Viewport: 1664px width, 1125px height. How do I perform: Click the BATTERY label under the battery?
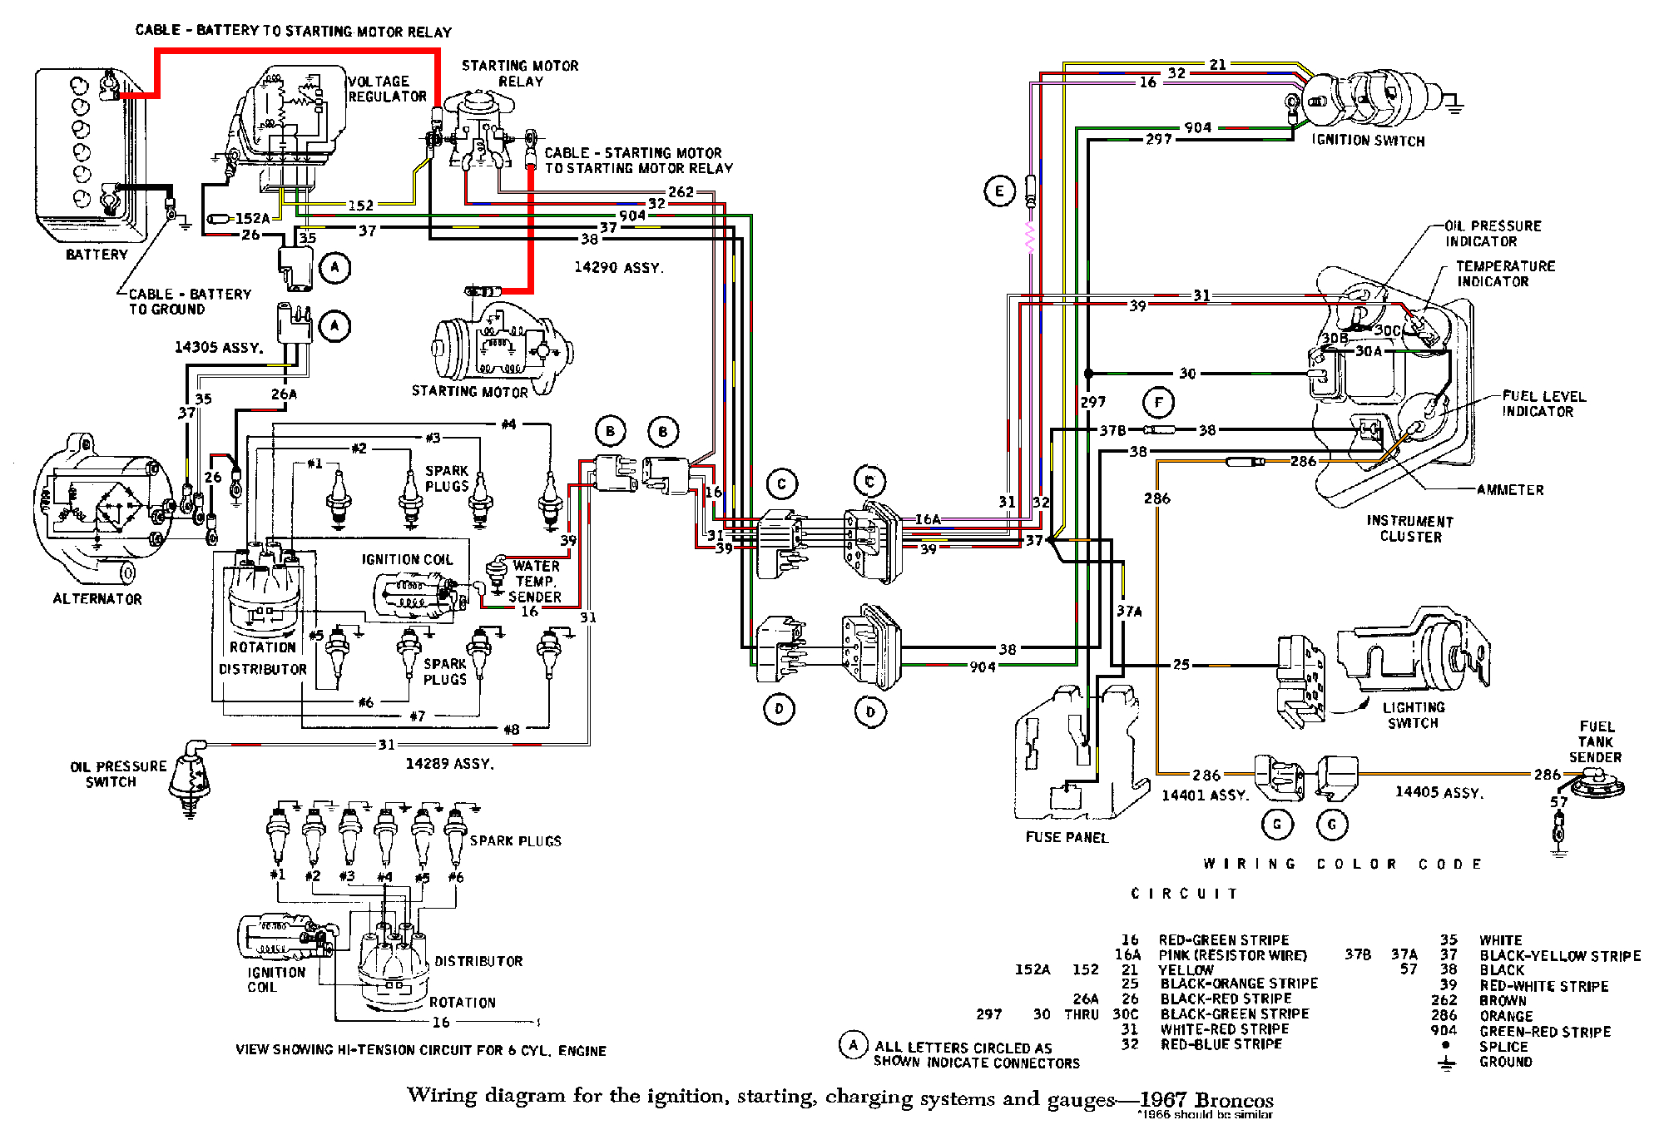tap(97, 255)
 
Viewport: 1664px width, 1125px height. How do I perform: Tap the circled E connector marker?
tap(999, 191)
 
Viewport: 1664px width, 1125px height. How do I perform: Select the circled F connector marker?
tap(1158, 404)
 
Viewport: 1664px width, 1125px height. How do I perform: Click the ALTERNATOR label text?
tap(97, 599)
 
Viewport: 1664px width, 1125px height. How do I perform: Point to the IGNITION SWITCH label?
tap(1368, 141)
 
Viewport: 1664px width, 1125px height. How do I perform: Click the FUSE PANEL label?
tap(1067, 837)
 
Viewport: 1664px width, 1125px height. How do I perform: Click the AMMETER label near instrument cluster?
tap(1510, 490)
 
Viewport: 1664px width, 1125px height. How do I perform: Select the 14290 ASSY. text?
tap(618, 267)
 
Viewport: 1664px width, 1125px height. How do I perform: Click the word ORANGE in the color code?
tap(1506, 1016)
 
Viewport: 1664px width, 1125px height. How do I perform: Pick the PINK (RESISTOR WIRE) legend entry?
tap(1232, 955)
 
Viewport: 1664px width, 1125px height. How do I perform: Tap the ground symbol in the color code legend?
tap(1447, 1063)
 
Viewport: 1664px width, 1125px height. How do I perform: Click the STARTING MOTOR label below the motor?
tap(469, 391)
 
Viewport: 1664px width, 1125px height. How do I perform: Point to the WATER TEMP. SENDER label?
tap(535, 581)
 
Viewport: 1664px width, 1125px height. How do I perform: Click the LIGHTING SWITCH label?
tap(1414, 715)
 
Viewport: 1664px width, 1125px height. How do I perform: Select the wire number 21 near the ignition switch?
tap(1217, 64)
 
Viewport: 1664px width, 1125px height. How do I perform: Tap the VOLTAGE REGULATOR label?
tap(387, 89)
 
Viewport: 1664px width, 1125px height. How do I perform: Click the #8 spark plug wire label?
tap(511, 730)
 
